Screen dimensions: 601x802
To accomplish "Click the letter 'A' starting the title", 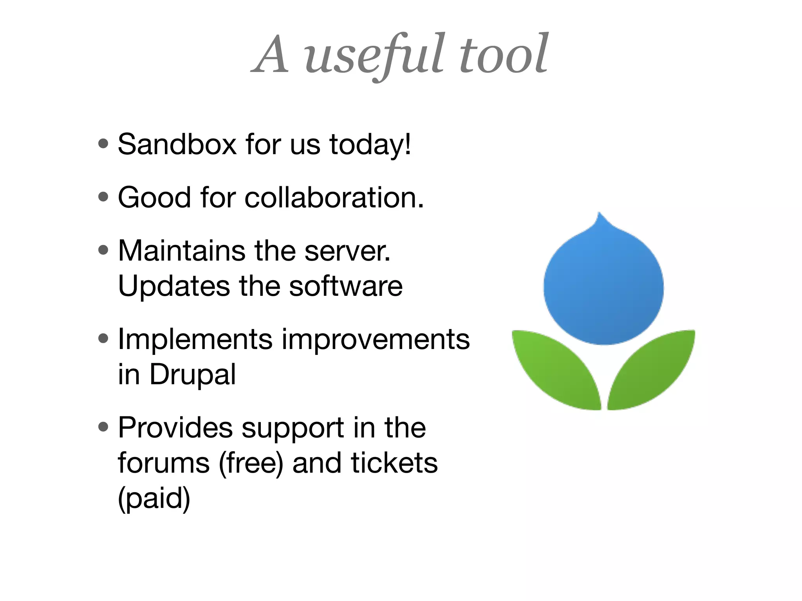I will (271, 55).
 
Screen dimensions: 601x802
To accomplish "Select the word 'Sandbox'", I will (177, 144).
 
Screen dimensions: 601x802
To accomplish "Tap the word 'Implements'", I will (195, 339).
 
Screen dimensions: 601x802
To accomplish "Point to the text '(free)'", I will (251, 464).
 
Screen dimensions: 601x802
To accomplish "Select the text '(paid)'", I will (154, 499).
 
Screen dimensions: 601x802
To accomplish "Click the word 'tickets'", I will (394, 463).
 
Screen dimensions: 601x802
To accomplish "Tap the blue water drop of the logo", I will (603, 286).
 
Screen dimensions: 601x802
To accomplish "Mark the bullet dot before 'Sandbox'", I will (103, 144).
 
